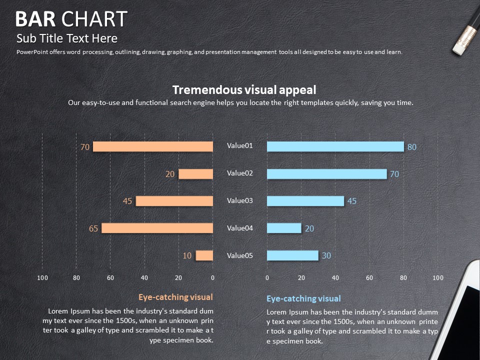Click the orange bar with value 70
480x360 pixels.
153,146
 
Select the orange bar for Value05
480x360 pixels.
204,255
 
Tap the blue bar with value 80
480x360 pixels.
335,146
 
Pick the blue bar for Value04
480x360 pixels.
284,228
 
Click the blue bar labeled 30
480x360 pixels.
292,255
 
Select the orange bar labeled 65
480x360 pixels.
157,228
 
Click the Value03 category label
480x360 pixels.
240,200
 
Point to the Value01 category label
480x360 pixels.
240,145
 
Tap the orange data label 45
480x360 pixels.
127,201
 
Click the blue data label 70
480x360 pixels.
394,174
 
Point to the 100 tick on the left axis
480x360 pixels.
42,277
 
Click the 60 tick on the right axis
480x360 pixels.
369,277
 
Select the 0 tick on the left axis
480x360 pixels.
212,277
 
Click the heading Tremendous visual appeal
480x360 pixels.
244,90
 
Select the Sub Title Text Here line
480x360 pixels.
67,38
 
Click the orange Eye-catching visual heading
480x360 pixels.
175,297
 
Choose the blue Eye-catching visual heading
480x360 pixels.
303,298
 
